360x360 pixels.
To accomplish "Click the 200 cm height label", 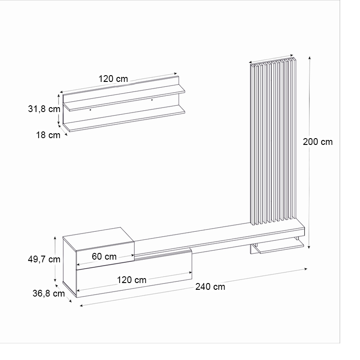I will tap(318, 141).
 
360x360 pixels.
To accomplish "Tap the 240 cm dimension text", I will tap(210, 287).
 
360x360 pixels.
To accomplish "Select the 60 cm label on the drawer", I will tap(104, 257).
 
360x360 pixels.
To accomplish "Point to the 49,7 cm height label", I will tap(43, 259).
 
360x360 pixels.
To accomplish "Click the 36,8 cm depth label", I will tap(49, 293).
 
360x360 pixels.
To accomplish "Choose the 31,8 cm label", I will tap(44, 109).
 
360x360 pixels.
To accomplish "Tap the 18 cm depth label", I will tap(48, 135).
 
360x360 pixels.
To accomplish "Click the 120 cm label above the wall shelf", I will tap(113, 79).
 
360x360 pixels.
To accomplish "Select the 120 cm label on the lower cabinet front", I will tap(131, 280).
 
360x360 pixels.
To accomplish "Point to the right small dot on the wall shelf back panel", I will tap(152, 99).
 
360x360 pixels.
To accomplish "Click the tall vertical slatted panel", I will tap(273, 144).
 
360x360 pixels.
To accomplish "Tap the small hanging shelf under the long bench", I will tap(277, 246).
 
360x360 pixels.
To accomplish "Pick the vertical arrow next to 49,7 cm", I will tap(55, 259).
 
